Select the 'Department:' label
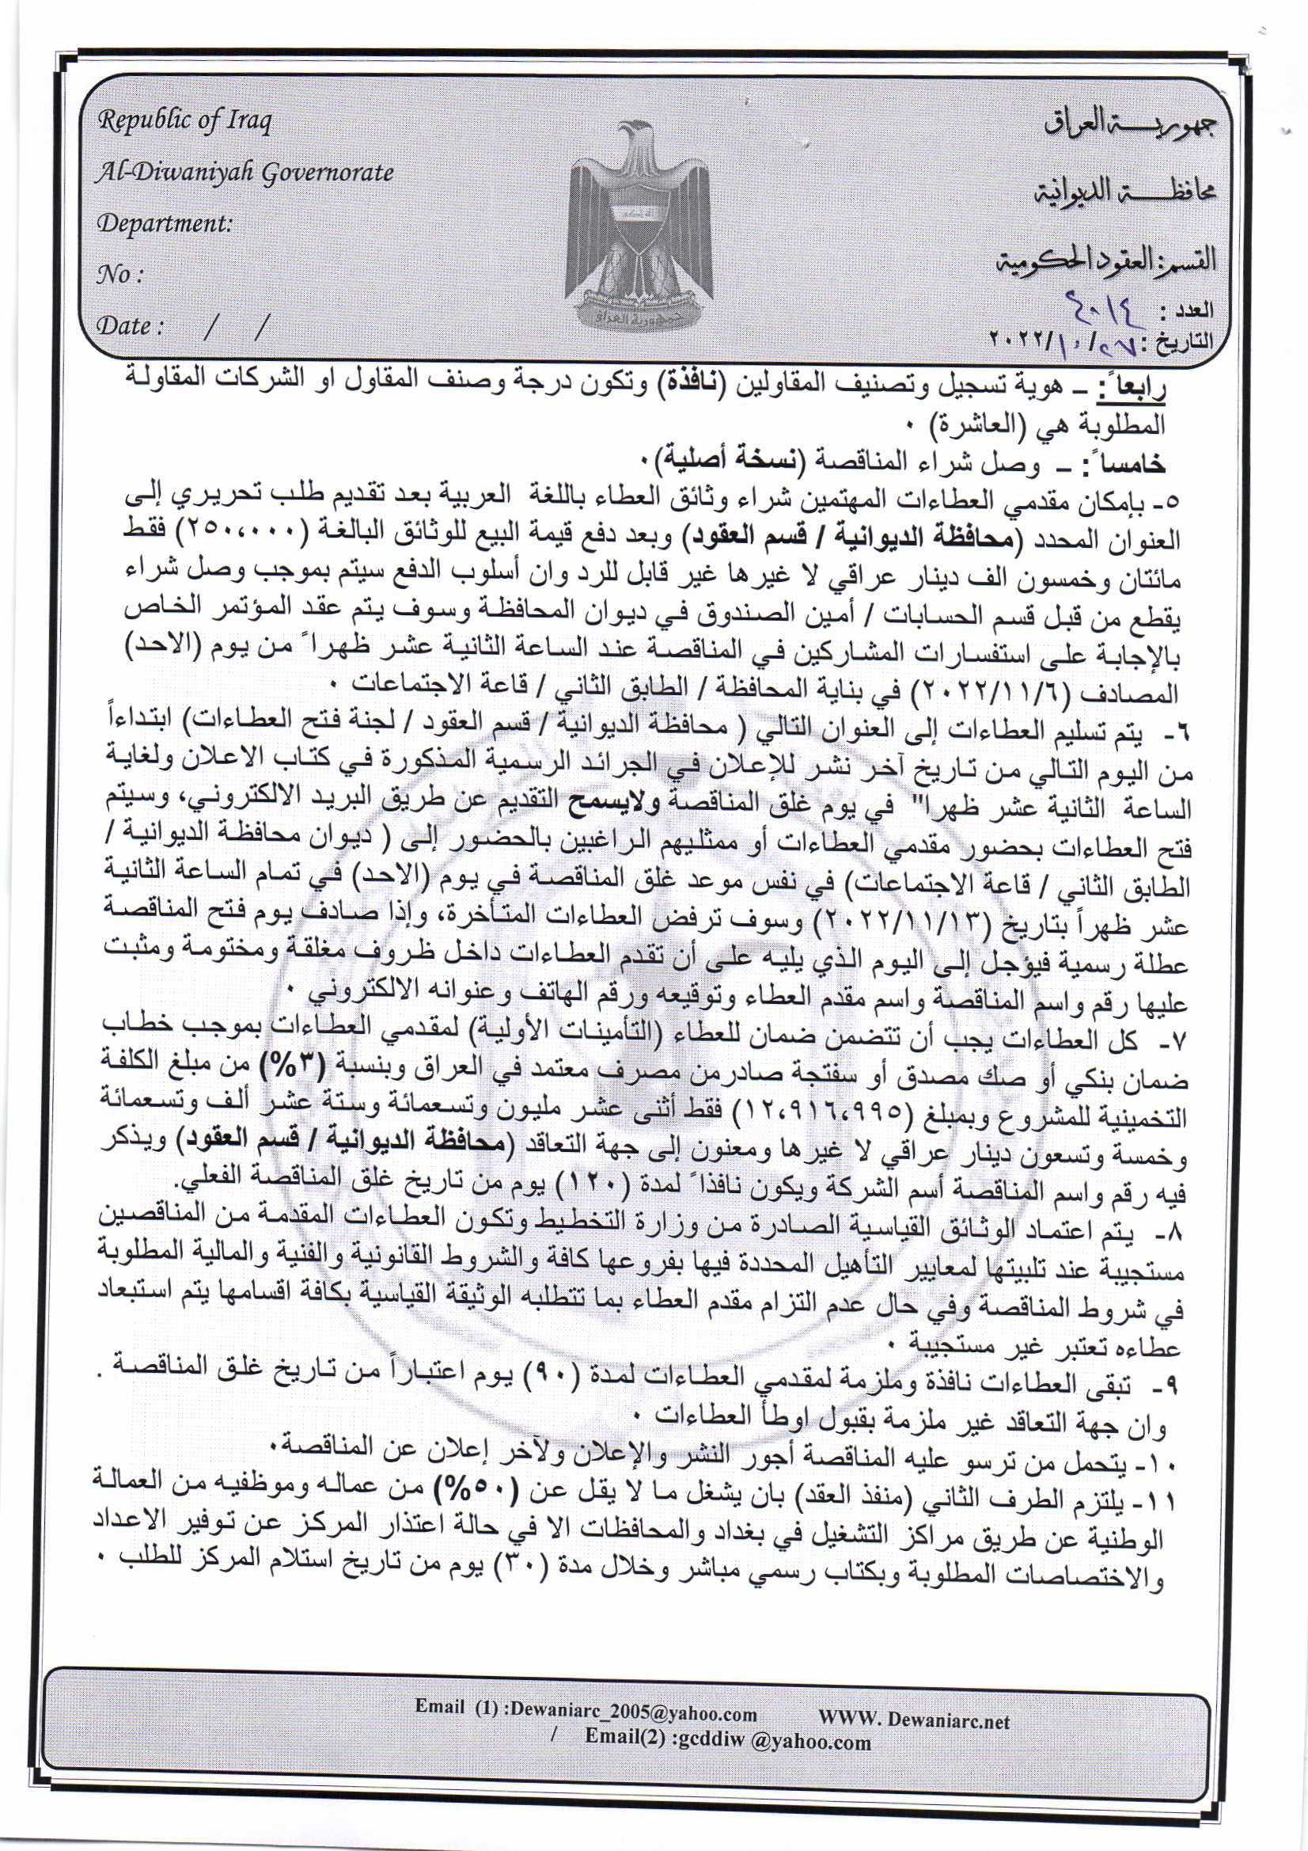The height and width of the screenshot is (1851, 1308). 164,223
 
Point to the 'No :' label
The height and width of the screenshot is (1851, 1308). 119,275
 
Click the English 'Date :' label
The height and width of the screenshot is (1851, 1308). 130,326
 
